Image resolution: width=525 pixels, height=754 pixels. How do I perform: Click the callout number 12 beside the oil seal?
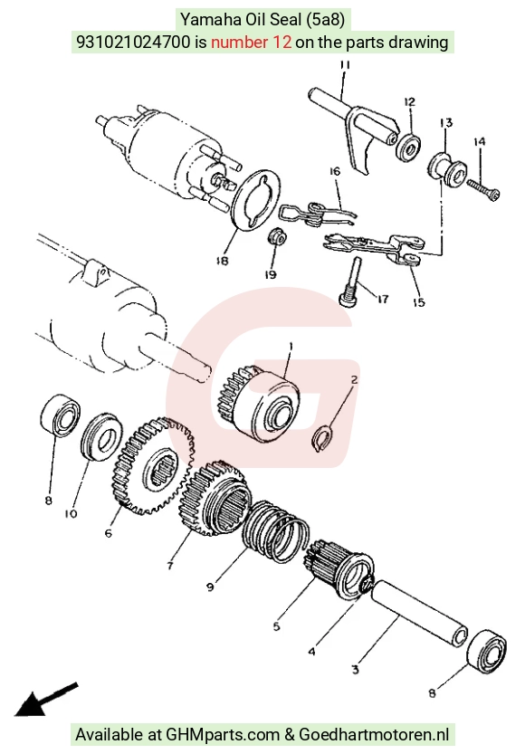point(410,102)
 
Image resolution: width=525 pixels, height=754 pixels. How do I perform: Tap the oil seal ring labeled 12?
point(408,148)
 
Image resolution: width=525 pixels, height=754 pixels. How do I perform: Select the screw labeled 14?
point(482,189)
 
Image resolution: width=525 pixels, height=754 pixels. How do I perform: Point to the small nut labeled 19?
point(277,236)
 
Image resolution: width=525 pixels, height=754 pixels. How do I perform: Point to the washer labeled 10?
point(101,436)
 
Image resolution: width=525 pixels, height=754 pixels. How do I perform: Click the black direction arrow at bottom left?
point(44,699)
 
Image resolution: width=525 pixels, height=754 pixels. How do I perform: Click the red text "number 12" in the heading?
point(252,43)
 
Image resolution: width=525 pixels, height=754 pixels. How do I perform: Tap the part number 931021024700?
point(134,43)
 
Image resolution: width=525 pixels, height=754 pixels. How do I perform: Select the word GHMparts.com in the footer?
point(223,734)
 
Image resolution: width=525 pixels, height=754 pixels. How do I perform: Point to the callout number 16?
point(335,171)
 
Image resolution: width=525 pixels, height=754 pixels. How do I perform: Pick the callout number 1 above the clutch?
point(291,346)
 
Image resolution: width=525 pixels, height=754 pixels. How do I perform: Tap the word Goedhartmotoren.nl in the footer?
point(374,734)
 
